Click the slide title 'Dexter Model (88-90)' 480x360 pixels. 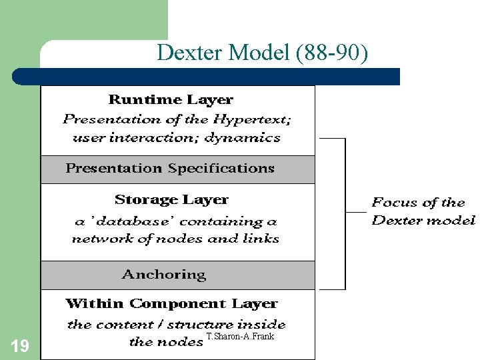click(261, 52)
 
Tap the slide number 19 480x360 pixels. click(20, 345)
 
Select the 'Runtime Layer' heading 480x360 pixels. click(171, 100)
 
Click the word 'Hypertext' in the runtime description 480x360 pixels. click(257, 120)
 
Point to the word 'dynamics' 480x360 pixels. click(243, 138)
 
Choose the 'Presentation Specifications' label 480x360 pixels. click(170, 168)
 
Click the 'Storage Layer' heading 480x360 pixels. click(171, 199)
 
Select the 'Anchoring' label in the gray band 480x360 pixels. click(164, 274)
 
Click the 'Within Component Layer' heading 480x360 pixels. click(171, 303)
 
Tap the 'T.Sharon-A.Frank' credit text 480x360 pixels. click(240, 337)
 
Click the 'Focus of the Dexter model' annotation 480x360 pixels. click(423, 211)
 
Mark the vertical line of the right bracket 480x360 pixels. click(345, 213)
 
